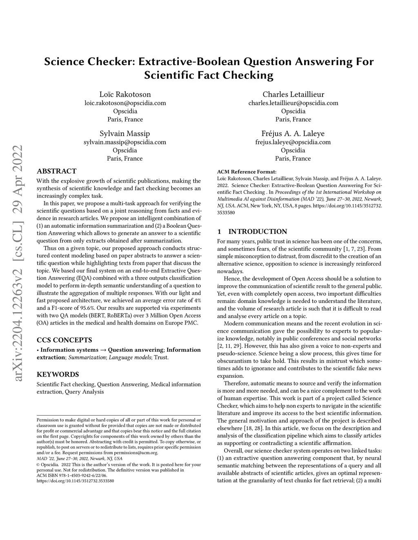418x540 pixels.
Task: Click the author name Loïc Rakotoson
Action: point(125,94)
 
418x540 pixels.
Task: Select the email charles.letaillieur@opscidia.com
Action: point(293,103)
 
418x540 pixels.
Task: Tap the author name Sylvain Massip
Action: point(125,133)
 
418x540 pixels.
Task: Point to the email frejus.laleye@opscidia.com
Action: point(293,142)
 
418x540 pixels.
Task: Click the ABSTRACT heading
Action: point(56,171)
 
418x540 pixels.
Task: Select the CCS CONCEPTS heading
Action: point(64,340)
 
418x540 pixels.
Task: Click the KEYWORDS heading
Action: point(58,374)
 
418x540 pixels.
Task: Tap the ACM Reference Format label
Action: point(247,172)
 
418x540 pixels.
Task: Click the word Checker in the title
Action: point(110,62)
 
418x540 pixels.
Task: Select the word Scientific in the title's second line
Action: point(171,75)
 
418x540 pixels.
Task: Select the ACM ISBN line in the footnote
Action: point(72,475)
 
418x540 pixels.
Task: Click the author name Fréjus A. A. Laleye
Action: point(293,133)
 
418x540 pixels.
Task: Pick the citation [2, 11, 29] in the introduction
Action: point(229,346)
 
